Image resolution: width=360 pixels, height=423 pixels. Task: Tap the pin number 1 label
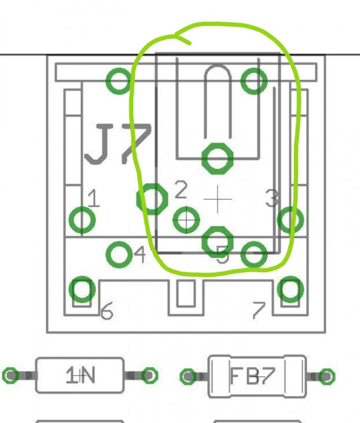point(94,199)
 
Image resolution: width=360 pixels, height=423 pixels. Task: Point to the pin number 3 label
point(271,198)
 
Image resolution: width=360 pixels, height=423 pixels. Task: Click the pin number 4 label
point(140,255)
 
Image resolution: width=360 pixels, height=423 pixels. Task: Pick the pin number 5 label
point(223,257)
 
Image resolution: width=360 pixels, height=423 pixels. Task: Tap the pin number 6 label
point(107,312)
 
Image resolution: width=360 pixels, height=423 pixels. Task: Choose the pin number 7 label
point(258,311)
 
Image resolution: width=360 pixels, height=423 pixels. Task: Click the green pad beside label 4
point(120,254)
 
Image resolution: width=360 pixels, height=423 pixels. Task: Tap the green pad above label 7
point(290,289)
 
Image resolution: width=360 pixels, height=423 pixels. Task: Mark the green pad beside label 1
point(82,219)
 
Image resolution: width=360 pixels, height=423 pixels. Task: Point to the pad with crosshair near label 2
point(186,219)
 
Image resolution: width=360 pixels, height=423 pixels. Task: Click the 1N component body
point(80,375)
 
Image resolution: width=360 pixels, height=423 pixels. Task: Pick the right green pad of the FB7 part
point(327,376)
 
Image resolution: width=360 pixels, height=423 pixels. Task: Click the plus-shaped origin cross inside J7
point(218,199)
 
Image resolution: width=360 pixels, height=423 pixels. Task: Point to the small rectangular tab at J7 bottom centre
point(186,294)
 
